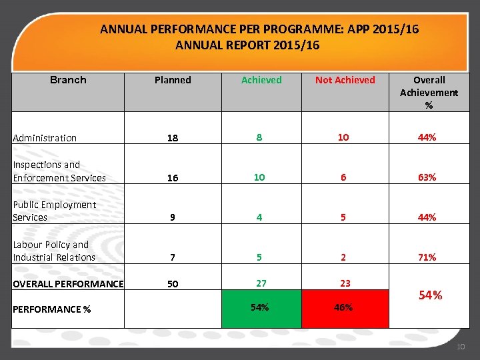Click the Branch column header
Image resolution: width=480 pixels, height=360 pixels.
click(x=68, y=80)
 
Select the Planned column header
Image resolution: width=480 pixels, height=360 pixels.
click(x=173, y=80)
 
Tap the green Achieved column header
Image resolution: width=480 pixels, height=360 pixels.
click(x=261, y=80)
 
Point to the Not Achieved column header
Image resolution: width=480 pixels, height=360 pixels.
click(x=345, y=80)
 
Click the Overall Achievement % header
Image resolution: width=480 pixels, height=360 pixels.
click(x=429, y=92)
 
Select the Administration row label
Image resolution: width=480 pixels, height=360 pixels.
click(x=45, y=138)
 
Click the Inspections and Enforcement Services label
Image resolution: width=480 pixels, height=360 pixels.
click(x=59, y=171)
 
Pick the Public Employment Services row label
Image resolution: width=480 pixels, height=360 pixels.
click(x=54, y=211)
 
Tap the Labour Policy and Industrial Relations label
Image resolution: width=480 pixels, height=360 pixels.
click(x=54, y=251)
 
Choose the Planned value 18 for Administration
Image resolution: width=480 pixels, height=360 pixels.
click(x=173, y=138)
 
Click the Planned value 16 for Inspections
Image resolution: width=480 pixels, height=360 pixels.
click(x=173, y=178)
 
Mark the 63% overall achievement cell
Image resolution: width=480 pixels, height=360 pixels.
click(x=427, y=177)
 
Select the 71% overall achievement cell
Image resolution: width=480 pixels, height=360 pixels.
click(x=427, y=257)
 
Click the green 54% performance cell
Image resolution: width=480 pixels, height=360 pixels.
click(x=259, y=307)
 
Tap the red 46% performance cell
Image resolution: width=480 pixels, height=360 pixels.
click(x=345, y=308)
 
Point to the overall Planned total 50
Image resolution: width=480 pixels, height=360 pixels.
click(x=173, y=284)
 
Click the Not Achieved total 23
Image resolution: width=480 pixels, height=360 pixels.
click(x=345, y=283)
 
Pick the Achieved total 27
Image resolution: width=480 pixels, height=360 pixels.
click(x=261, y=283)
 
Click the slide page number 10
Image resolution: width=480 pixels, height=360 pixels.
click(x=461, y=347)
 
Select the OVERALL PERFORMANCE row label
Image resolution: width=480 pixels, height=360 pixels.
click(x=68, y=284)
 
